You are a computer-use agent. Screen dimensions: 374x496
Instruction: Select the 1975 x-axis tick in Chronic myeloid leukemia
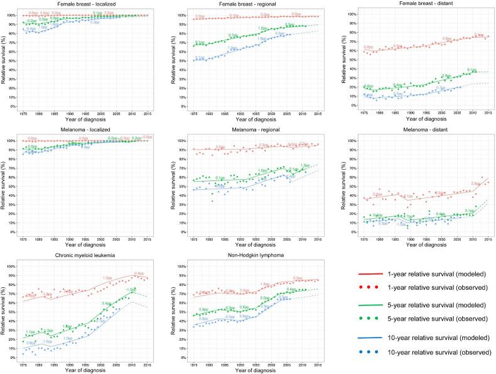(23, 364)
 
